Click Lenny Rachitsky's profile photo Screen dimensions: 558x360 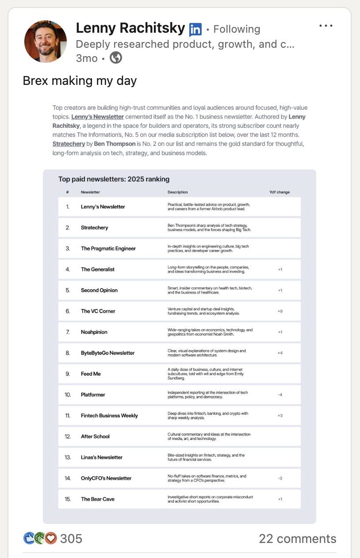point(46,41)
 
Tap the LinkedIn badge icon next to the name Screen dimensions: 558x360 point(195,30)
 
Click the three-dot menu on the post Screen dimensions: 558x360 point(326,26)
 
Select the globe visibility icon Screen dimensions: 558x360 point(116,58)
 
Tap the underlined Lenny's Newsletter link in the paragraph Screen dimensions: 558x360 point(97,117)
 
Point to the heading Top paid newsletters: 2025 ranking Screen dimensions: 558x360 point(114,179)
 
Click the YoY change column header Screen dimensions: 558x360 point(280,192)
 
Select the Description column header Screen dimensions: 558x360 point(177,192)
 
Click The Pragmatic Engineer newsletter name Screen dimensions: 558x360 point(108,248)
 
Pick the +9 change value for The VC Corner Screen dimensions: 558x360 point(280,311)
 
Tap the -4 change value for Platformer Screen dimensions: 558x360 point(280,394)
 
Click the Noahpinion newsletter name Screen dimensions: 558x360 point(94,332)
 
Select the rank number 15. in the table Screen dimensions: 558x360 point(68,499)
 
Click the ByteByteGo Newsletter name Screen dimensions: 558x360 point(107,353)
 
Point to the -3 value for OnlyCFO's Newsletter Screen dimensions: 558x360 point(280,478)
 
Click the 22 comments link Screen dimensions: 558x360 point(297,539)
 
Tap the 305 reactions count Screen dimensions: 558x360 point(71,539)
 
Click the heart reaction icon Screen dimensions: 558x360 point(51,538)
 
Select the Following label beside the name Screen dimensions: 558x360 point(237,30)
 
